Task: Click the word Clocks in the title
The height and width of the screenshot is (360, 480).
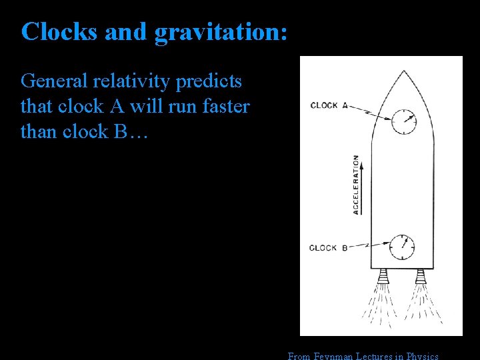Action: pyautogui.click(x=57, y=31)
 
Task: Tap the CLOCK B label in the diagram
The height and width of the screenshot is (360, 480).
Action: pyautogui.click(x=328, y=248)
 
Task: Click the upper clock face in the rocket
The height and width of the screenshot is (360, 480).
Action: pyautogui.click(x=403, y=121)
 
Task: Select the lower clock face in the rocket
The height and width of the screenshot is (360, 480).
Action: pyautogui.click(x=402, y=247)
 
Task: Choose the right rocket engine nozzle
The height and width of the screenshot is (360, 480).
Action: pyautogui.click(x=421, y=275)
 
